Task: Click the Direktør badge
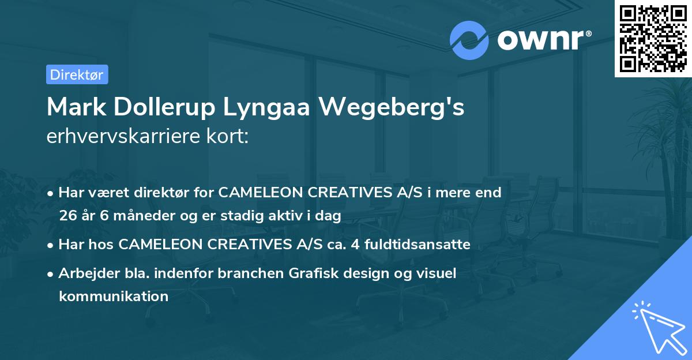[x=77, y=74]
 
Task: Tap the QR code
[x=653, y=38]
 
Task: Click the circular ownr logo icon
[x=469, y=40]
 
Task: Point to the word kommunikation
[x=114, y=297]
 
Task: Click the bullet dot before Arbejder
[x=51, y=274]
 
